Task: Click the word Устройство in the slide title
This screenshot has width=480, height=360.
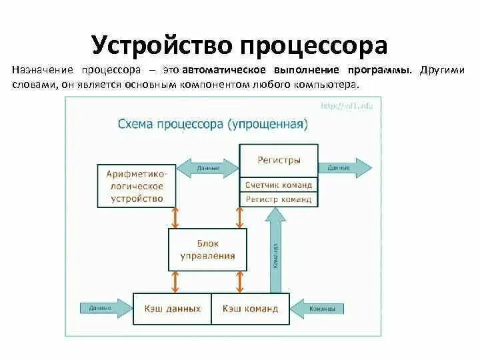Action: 161,45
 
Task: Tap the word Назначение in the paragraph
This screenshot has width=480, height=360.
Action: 42,70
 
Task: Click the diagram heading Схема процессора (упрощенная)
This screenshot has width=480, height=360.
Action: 213,124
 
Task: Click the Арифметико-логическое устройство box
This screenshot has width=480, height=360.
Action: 136,185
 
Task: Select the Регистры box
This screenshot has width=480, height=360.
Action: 279,161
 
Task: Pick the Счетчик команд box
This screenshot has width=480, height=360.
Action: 279,185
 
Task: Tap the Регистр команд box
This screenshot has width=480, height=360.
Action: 279,199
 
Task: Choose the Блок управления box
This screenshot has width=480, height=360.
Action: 207,249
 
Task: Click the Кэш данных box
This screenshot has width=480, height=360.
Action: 172,309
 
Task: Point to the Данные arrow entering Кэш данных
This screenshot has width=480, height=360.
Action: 105,308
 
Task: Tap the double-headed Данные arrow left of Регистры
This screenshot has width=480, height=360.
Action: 208,167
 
